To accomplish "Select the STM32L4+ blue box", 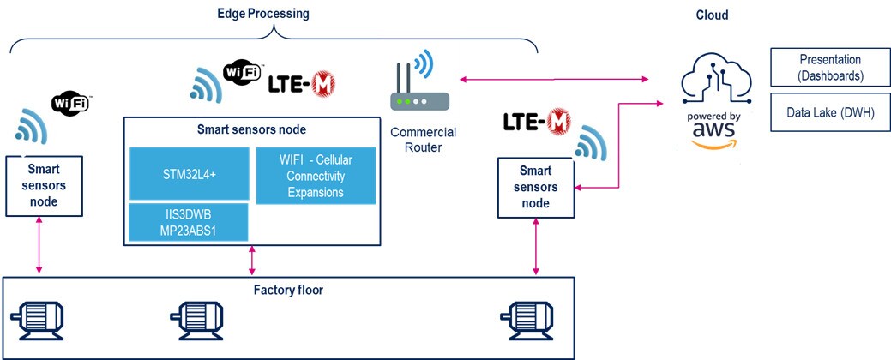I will (x=189, y=173).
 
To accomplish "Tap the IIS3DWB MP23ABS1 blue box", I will (x=189, y=222).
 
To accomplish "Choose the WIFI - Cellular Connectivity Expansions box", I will (x=316, y=176).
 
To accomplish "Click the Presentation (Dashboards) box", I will (x=829, y=68).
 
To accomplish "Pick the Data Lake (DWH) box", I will (x=829, y=112).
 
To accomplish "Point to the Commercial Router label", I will (x=423, y=140).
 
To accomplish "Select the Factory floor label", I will (x=288, y=290).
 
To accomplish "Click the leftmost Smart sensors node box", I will (x=43, y=185).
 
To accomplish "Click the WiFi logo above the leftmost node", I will (x=71, y=103).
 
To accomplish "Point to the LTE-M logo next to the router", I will (x=301, y=84).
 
